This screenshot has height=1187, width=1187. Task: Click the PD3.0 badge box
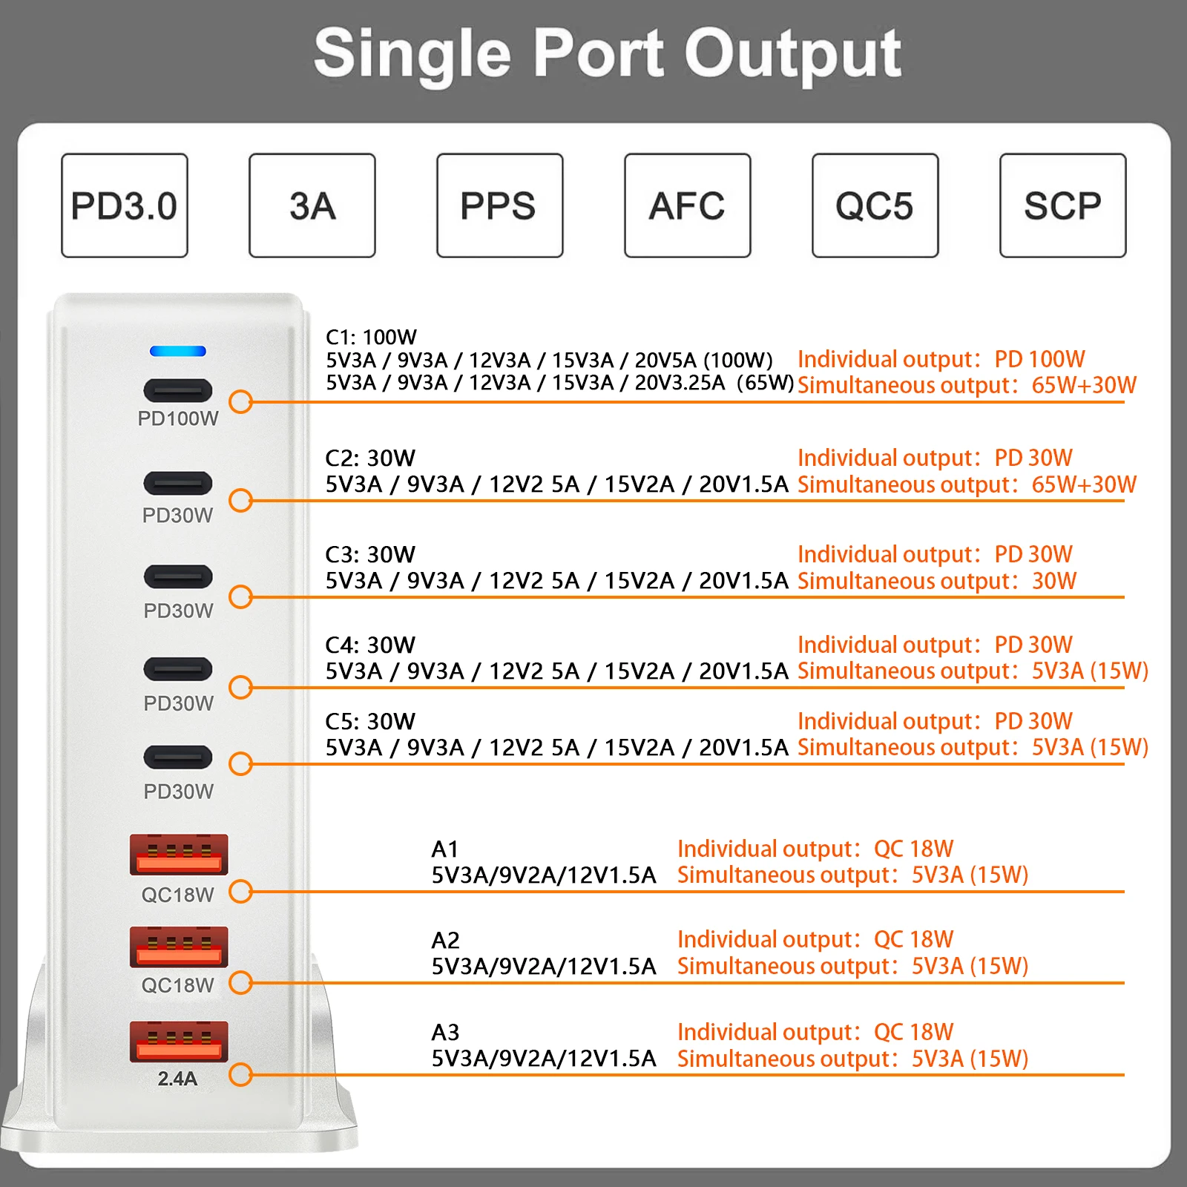point(125,205)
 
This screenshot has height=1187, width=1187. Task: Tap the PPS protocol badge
point(499,205)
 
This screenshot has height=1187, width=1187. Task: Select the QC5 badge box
point(875,205)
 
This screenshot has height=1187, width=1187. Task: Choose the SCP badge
point(1062,205)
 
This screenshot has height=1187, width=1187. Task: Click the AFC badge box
point(687,205)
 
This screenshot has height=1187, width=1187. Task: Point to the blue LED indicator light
point(178,351)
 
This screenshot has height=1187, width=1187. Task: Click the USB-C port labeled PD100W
point(178,390)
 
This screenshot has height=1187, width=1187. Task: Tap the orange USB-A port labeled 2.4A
point(179,1040)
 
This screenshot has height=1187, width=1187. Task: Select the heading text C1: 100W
point(371,338)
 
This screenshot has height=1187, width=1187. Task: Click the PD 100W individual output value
point(1039,360)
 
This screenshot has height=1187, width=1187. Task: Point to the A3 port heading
point(445,1032)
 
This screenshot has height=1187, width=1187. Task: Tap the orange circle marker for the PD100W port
point(240,402)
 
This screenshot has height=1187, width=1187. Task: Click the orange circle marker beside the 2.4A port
point(240,1074)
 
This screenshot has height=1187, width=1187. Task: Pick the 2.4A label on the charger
point(177,1079)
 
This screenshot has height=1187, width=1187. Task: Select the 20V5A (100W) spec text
point(703,361)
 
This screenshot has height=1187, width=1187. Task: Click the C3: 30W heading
point(370,554)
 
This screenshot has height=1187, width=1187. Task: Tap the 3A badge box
point(312,205)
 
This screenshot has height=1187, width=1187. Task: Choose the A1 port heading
point(445,849)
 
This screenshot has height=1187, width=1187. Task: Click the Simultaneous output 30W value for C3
point(1054,581)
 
